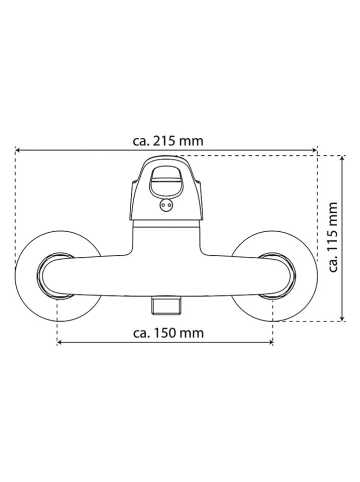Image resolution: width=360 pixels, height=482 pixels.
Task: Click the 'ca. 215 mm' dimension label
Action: pos(168,141)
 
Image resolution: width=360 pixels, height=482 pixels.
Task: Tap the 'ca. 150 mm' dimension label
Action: pos(168,333)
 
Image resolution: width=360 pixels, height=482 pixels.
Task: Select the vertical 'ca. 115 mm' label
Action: pos(333,237)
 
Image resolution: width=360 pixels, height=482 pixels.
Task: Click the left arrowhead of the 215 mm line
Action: pos(18,151)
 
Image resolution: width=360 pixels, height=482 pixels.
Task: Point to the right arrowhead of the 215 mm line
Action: pos(314,151)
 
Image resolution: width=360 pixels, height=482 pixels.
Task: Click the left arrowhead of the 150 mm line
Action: pos(60,342)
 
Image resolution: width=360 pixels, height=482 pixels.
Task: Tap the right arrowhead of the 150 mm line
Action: pos(270,342)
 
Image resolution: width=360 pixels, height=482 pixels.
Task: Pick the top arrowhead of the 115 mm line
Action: pos(342,158)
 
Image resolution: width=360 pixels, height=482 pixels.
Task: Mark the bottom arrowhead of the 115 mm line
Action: pos(342,319)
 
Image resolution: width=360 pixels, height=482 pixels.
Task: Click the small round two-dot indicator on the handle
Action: pos(166,205)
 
